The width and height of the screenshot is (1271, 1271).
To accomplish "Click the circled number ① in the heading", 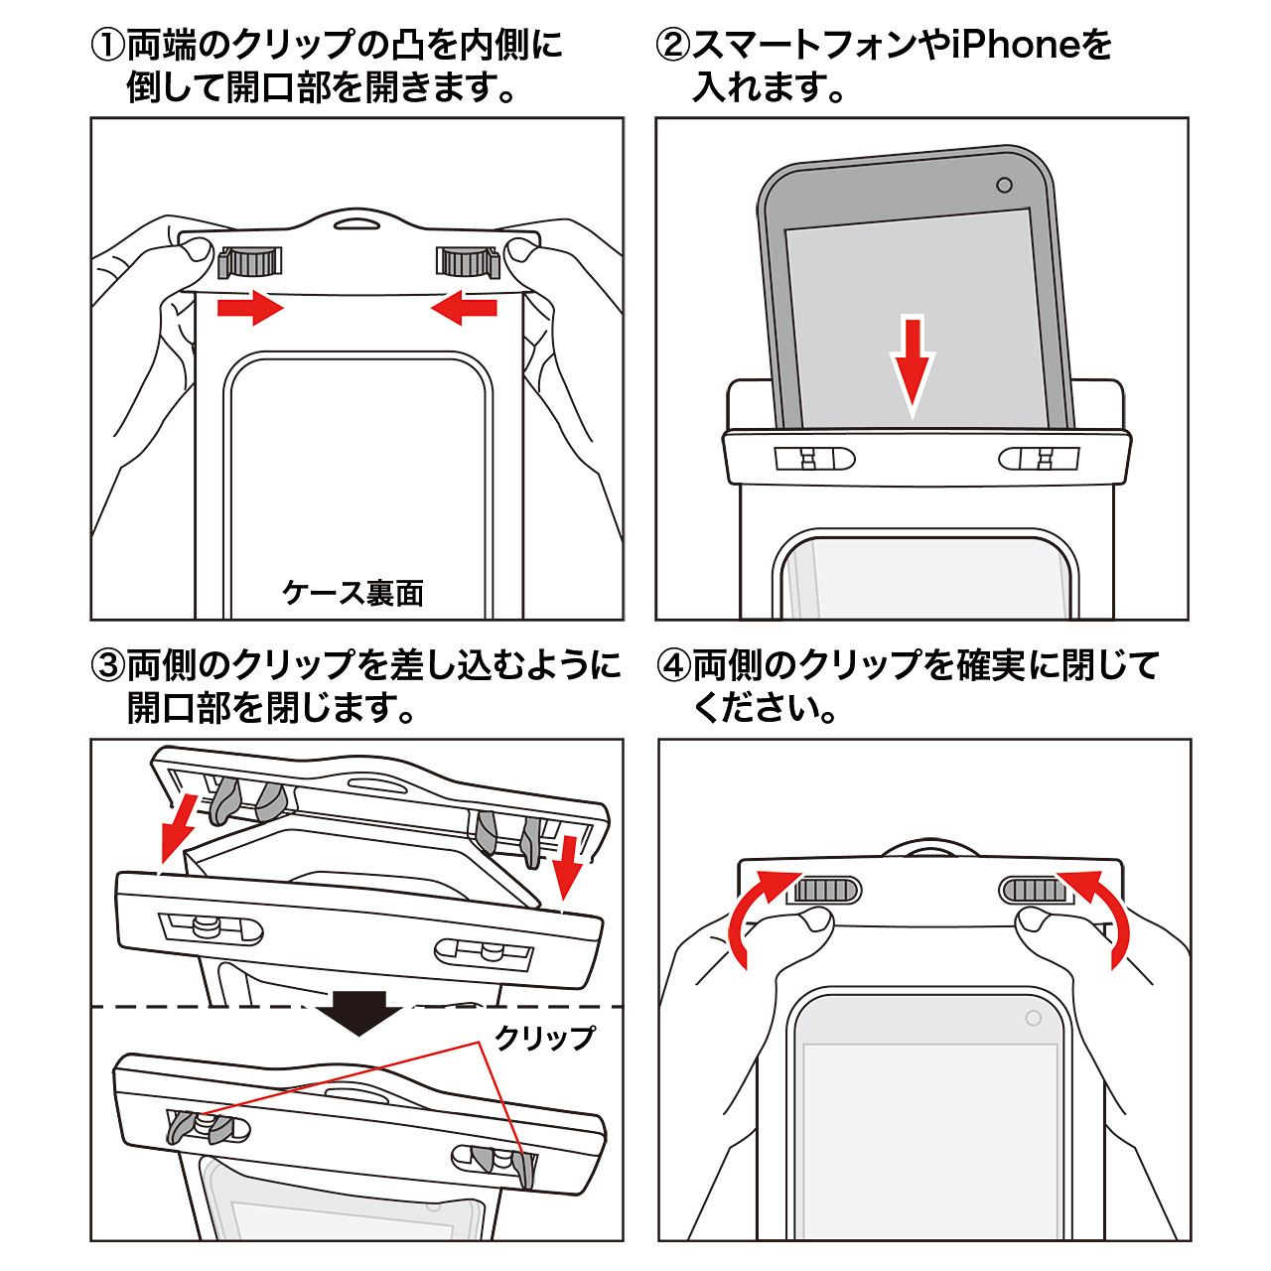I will pyautogui.click(x=108, y=46).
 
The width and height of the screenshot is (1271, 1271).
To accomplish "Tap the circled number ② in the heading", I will pyautogui.click(x=673, y=46).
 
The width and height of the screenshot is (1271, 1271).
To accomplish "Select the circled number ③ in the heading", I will pyautogui.click(x=108, y=665).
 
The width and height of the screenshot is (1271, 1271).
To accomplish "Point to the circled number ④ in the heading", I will pyautogui.click(x=675, y=665).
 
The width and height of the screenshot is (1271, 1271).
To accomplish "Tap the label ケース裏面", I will pyautogui.click(x=353, y=593).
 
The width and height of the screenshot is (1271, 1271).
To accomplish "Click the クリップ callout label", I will pyautogui.click(x=545, y=1038).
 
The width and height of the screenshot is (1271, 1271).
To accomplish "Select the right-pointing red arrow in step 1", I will pyautogui.click(x=250, y=307).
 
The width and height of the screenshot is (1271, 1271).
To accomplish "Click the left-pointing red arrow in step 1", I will pyautogui.click(x=465, y=307).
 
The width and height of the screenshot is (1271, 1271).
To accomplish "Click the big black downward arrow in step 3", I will pyautogui.click(x=359, y=1011).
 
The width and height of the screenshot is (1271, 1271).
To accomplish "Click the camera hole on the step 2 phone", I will pyautogui.click(x=1004, y=186).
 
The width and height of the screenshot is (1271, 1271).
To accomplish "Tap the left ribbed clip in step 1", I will pyautogui.click(x=250, y=262).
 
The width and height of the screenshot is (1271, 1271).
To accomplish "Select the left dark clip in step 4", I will pyautogui.click(x=824, y=889).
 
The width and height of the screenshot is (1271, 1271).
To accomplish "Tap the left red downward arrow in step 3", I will pyautogui.click(x=179, y=828).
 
